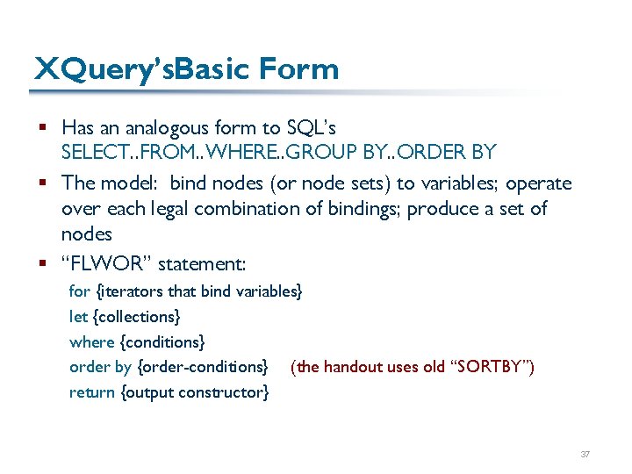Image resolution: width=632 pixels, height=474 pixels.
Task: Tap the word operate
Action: pos(538,183)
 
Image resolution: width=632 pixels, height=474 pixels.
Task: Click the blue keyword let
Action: pos(78,316)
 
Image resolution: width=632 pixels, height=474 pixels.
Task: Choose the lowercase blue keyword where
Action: pos(91,341)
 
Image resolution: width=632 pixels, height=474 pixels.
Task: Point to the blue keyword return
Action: pos(92,392)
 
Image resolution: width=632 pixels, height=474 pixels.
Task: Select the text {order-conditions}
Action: pos(202,367)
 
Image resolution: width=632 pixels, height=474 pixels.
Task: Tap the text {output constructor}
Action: pos(195,392)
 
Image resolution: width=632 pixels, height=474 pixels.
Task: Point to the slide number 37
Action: pos(585,455)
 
